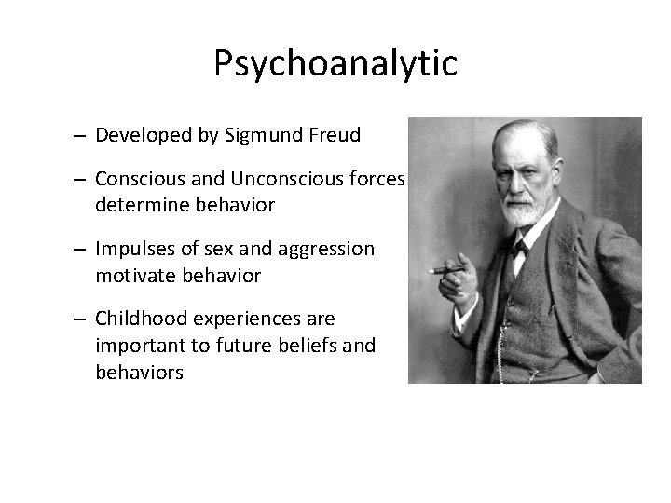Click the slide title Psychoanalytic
pyautogui.click(x=335, y=63)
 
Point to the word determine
pyautogui.click(x=137, y=205)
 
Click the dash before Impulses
pyautogui.click(x=81, y=250)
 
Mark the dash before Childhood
pyautogui.click(x=81, y=319)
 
